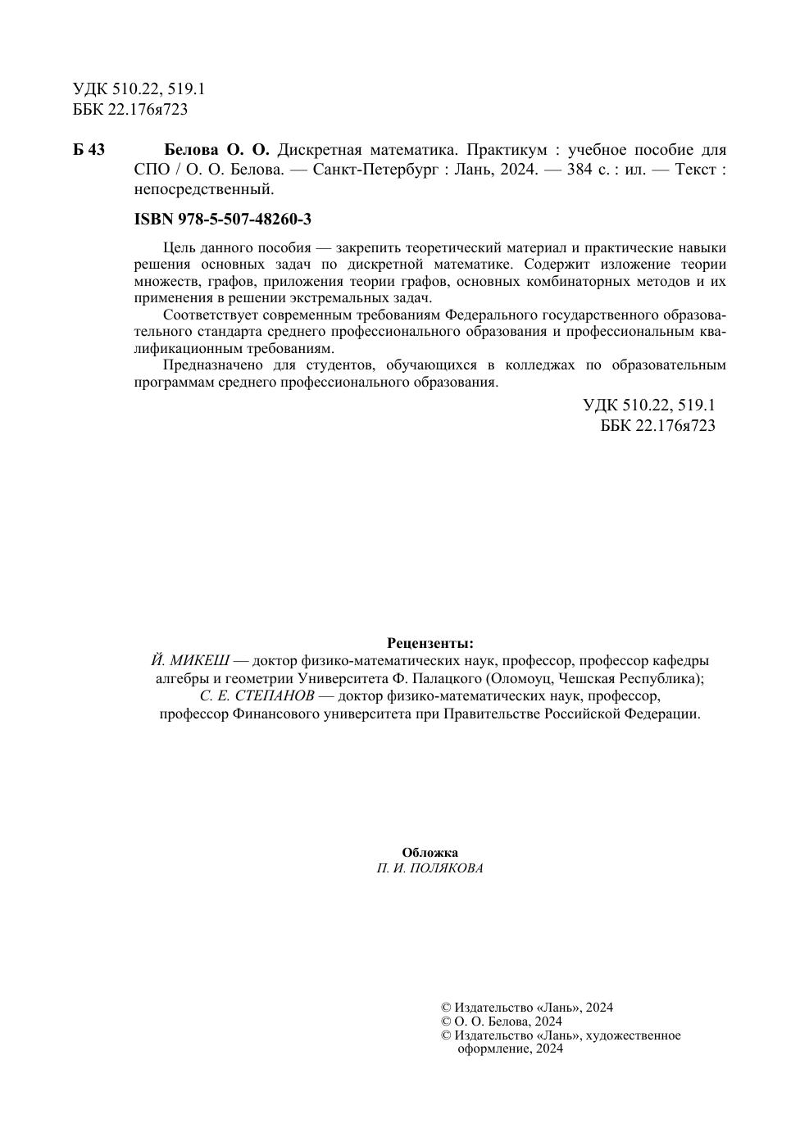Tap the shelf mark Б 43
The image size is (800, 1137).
coord(89,150)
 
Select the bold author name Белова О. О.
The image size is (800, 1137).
coord(217,150)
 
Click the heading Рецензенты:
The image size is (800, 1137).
coord(430,643)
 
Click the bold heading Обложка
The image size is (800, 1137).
coord(430,853)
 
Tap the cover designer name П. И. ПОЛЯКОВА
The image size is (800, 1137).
coord(430,869)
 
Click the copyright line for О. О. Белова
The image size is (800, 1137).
coord(502,1021)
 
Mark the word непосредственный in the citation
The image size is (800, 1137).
coord(202,190)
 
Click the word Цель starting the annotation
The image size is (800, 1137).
coord(178,248)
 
